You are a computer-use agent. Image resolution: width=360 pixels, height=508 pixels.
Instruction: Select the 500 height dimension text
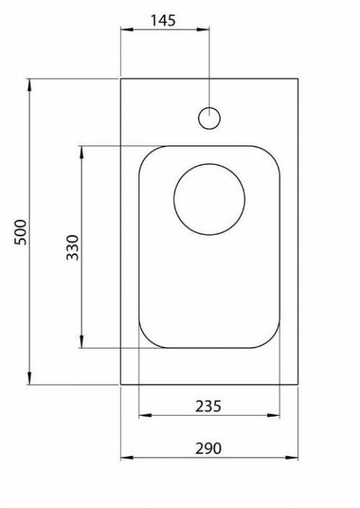[x=21, y=231]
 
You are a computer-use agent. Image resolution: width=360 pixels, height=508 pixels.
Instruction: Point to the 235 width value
[x=208, y=406]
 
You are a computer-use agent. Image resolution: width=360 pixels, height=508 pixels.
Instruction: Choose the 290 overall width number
[x=208, y=448]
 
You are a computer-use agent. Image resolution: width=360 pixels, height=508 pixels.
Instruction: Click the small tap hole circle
[x=209, y=118]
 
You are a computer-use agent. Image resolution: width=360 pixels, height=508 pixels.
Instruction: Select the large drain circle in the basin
[x=209, y=198]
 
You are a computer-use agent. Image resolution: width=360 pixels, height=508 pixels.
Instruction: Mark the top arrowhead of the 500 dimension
[x=30, y=84]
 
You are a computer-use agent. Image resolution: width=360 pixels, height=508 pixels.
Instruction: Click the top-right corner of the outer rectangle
[x=297, y=79]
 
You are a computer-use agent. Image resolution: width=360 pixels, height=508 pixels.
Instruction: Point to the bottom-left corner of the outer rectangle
[x=121, y=385]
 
